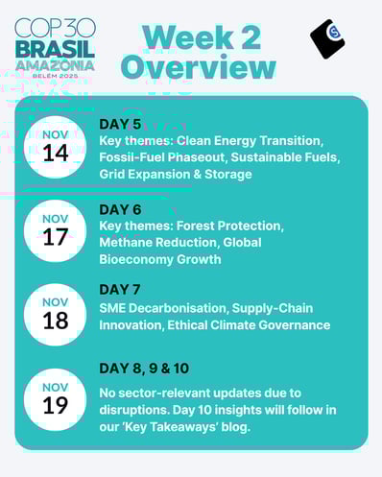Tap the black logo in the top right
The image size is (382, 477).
pyautogui.click(x=328, y=38)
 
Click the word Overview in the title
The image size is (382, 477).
pyautogui.click(x=199, y=68)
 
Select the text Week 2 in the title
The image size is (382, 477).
pyautogui.click(x=199, y=36)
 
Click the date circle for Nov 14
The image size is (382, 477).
pyautogui.click(x=55, y=146)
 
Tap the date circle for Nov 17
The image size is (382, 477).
pyautogui.click(x=55, y=229)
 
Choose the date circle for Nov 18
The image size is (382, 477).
pyautogui.click(x=55, y=313)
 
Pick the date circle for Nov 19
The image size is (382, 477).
pyautogui.click(x=55, y=397)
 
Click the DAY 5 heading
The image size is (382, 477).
pyautogui.click(x=120, y=124)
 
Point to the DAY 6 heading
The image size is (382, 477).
pyautogui.click(x=120, y=208)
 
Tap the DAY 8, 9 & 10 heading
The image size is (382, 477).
pyautogui.click(x=149, y=370)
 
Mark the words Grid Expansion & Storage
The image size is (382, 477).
pyautogui.click(x=176, y=174)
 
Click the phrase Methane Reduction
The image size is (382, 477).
pyautogui.click(x=156, y=242)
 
